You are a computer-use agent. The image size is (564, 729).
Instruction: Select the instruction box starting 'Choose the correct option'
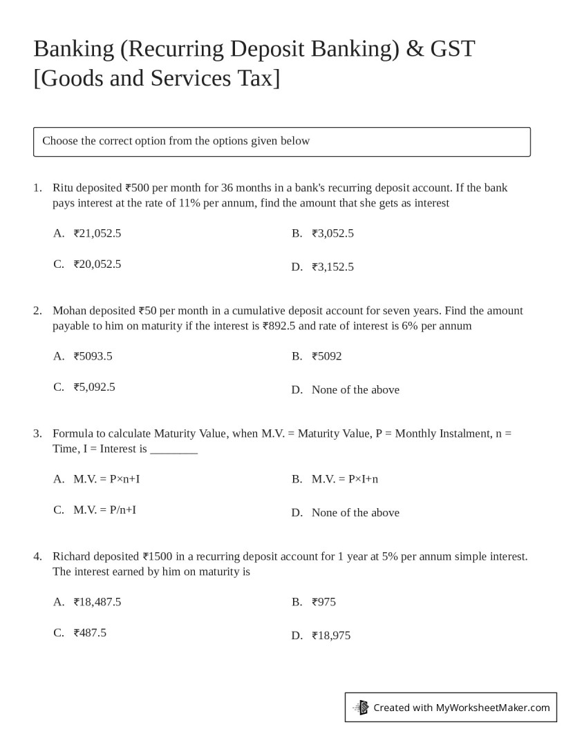pos(281,142)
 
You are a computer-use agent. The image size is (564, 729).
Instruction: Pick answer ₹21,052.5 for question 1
pos(97,233)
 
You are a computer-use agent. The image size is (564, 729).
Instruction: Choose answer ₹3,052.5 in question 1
pos(332,233)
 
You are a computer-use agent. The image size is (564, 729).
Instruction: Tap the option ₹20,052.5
pos(97,264)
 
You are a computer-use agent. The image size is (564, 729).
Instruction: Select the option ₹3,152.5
pos(332,266)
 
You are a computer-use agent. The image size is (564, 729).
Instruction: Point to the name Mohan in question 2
pos(69,311)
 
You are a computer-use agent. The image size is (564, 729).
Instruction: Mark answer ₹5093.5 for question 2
pos(93,356)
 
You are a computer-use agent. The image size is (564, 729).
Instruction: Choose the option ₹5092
pos(326,356)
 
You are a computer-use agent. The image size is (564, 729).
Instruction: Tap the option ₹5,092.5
pos(95,387)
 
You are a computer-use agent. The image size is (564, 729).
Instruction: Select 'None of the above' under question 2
pos(355,389)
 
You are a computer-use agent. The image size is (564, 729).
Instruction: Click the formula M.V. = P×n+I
pos(106,479)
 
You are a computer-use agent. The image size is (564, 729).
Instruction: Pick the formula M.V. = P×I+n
pos(345,479)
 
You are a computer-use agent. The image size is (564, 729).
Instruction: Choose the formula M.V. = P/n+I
pos(105,509)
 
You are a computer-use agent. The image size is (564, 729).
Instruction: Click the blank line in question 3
pos(174,450)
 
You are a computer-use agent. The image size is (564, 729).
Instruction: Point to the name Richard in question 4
pos(71,556)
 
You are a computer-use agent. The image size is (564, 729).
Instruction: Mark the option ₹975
pos(323,602)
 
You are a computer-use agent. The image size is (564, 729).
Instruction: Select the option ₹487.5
pos(90,632)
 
